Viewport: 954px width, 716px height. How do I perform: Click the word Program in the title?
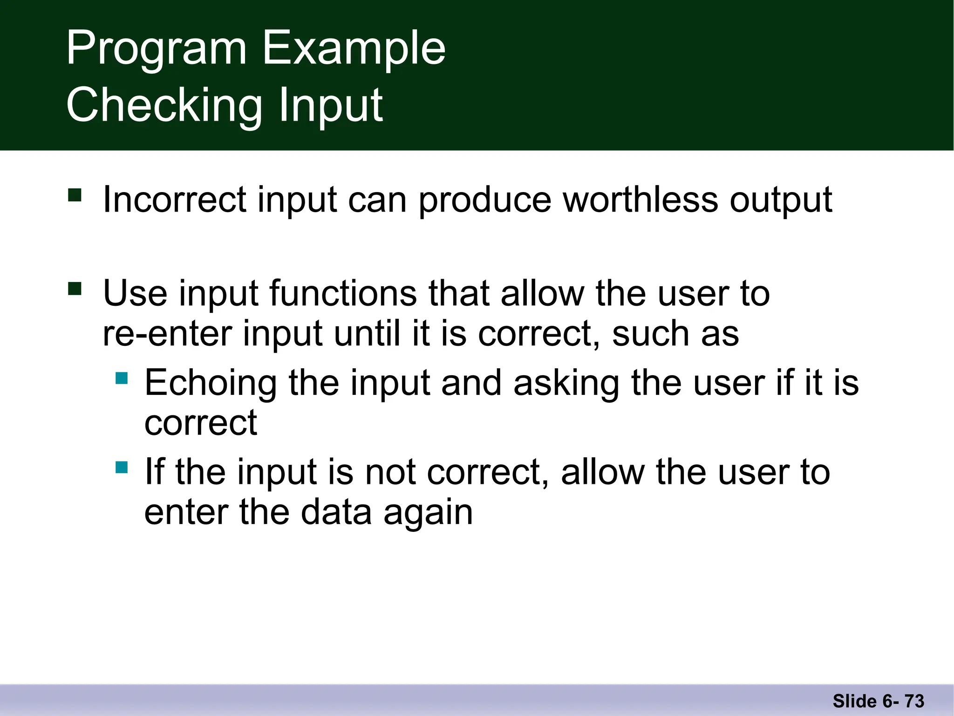(x=156, y=49)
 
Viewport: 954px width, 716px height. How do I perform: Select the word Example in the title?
(x=354, y=49)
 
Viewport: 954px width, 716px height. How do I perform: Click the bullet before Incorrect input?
(x=75, y=194)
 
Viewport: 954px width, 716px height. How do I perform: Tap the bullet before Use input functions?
(x=75, y=289)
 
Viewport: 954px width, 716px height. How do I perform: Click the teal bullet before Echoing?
(x=122, y=378)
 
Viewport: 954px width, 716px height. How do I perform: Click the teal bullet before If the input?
(x=122, y=467)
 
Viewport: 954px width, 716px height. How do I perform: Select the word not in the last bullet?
(x=390, y=472)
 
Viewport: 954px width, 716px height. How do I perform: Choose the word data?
(x=336, y=512)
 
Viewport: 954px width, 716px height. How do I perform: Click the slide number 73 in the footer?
(x=914, y=701)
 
